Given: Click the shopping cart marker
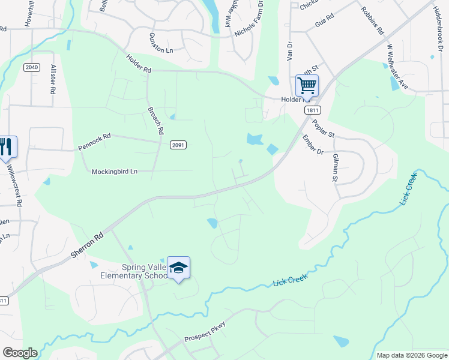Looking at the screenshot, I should click(x=307, y=86).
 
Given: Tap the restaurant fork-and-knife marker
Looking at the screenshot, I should click(x=6, y=147).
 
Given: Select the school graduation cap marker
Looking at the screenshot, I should click(x=178, y=268).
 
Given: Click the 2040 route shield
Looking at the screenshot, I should click(x=32, y=67).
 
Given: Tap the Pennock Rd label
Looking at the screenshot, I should click(x=94, y=142).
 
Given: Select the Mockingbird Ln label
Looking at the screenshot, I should click(x=115, y=172).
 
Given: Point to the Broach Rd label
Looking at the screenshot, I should click(x=155, y=120).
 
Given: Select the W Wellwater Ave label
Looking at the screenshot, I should click(x=397, y=66).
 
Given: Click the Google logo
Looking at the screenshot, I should click(x=20, y=353).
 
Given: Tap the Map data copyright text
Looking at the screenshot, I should click(x=411, y=355).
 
